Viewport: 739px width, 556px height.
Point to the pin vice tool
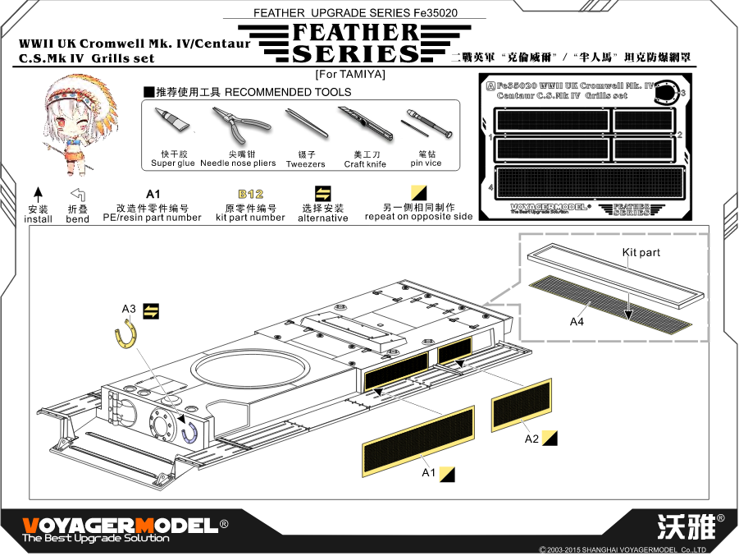click(x=426, y=126)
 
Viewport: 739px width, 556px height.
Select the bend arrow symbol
click(x=78, y=195)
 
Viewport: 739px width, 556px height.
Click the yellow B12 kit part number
click(x=250, y=194)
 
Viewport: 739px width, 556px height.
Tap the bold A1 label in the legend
click(x=152, y=194)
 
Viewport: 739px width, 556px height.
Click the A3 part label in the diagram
click(x=128, y=309)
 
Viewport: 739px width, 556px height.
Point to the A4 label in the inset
click(x=577, y=322)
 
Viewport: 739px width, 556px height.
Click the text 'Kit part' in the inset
click(x=641, y=252)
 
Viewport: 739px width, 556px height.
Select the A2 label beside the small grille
click(x=531, y=439)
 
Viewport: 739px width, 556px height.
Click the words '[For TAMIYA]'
click(x=350, y=75)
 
